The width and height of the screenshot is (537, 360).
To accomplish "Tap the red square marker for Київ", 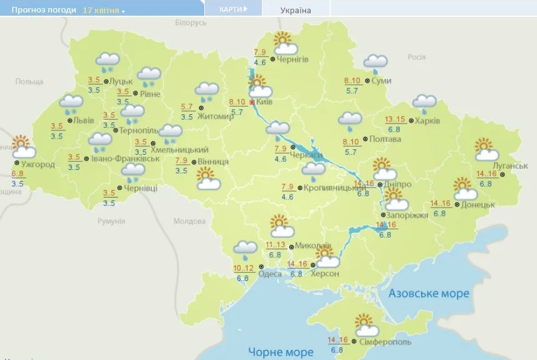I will pyautogui.click(x=253, y=102).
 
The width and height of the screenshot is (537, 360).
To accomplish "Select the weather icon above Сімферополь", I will pyautogui.click(x=366, y=326).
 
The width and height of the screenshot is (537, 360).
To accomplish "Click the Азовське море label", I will pyautogui.click(x=429, y=294).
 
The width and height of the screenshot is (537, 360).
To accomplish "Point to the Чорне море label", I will pyautogui.click(x=280, y=351).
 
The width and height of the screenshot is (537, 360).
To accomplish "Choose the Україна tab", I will pyautogui.click(x=295, y=10).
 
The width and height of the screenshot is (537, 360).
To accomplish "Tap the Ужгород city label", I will pyautogui.click(x=39, y=164).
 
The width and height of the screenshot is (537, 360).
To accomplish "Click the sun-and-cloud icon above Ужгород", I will pyautogui.click(x=23, y=146).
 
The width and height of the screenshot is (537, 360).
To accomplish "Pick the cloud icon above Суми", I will pyautogui.click(x=376, y=61).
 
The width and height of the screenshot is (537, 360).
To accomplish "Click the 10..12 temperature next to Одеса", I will pyautogui.click(x=243, y=268).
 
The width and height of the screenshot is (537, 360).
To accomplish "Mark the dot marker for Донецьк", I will pyautogui.click(x=457, y=204).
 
